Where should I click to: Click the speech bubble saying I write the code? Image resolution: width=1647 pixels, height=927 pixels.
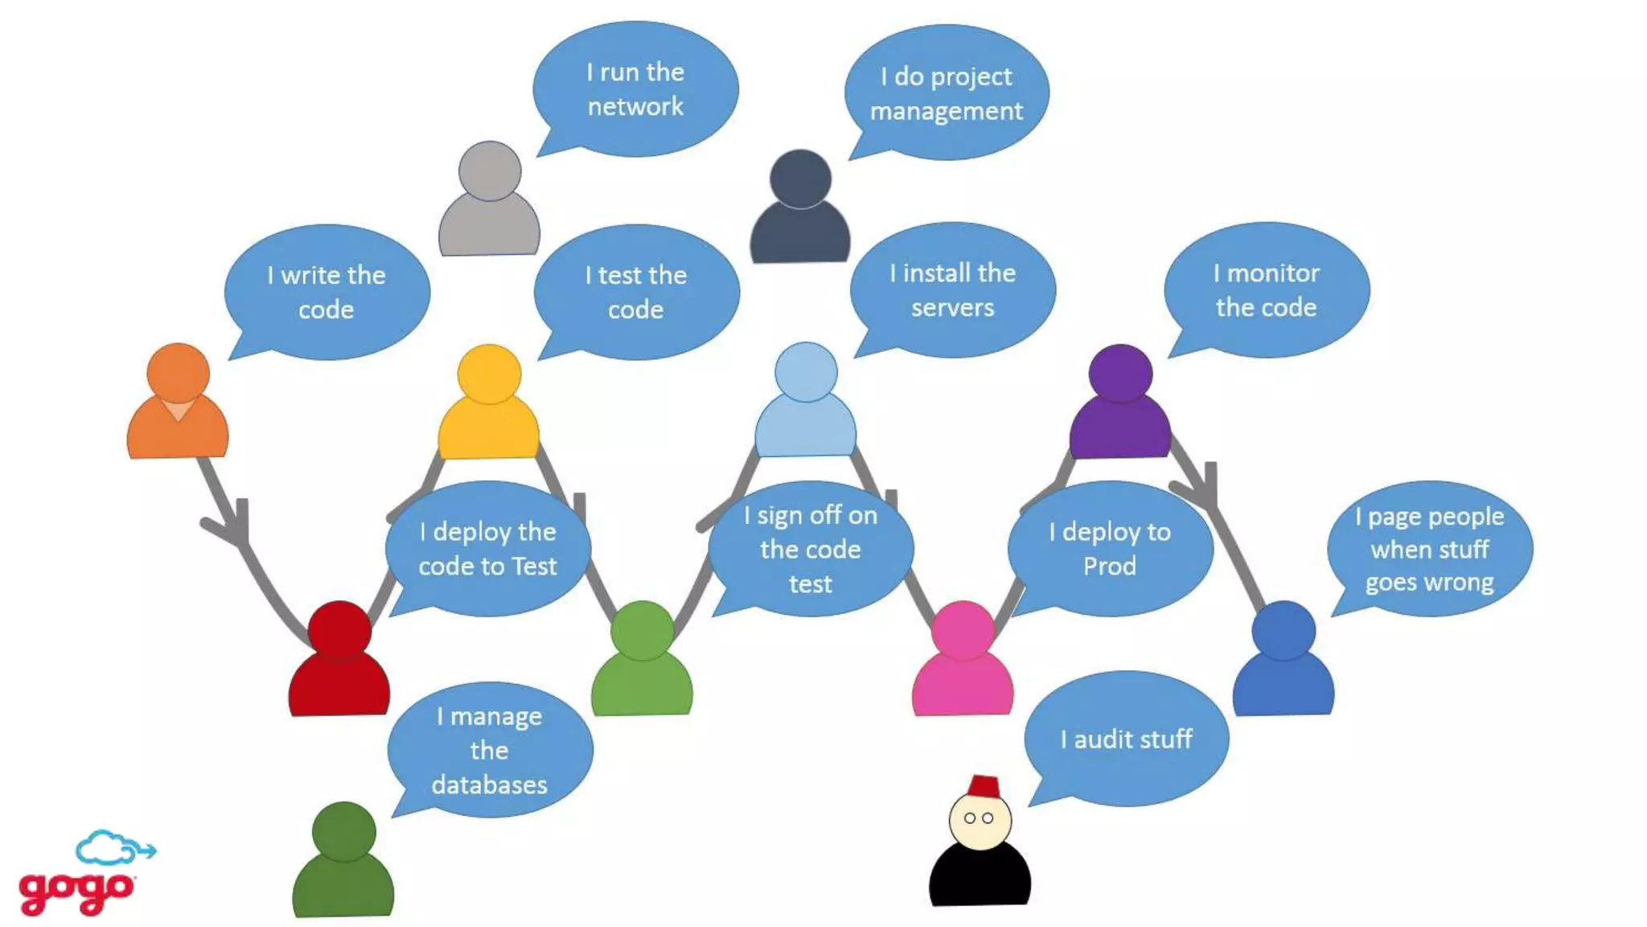coord(327,291)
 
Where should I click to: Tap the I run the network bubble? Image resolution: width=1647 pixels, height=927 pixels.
coord(635,89)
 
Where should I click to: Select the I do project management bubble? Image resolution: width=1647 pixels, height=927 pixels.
coord(947,93)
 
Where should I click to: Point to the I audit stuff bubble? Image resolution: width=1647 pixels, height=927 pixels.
coord(1127,739)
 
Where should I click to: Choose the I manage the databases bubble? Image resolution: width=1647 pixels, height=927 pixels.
coord(490,750)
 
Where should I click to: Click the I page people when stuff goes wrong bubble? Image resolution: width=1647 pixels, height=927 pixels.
coord(1430,549)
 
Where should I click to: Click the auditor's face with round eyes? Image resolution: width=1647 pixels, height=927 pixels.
coord(980,820)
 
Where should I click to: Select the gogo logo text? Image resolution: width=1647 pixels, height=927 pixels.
coord(76,892)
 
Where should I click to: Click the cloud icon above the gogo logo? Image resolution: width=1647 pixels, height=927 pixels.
coord(109,847)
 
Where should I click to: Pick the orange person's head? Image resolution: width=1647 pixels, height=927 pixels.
coord(179,373)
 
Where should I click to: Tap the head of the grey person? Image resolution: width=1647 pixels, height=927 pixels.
coord(490,171)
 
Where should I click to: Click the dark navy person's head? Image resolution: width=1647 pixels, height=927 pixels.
coord(800,178)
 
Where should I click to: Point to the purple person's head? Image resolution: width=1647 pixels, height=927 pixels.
coord(1120,373)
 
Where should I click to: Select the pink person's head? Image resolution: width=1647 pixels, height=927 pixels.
coord(963,630)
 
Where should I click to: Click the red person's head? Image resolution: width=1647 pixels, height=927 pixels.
coord(340,630)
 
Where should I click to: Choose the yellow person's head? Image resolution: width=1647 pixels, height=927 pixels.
coord(489,374)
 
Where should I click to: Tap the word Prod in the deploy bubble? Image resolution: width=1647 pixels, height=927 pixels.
coord(1110,566)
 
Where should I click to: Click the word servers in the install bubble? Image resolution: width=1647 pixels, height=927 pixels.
coord(953,307)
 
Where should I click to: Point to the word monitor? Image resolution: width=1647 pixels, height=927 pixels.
coord(1274,274)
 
